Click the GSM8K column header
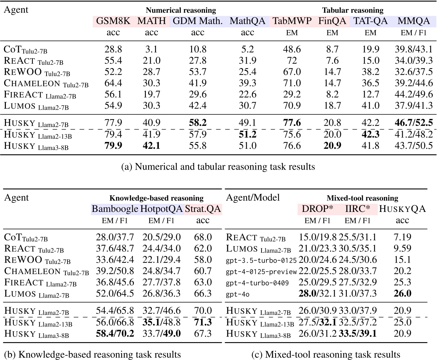(x=113, y=21)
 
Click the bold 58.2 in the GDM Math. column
(x=198, y=123)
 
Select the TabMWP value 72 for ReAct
(x=292, y=61)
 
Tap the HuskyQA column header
(x=402, y=209)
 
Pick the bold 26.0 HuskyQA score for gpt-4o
(x=402, y=293)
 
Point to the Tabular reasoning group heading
(x=353, y=10)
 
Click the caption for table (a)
(x=218, y=167)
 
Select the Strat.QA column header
(x=203, y=209)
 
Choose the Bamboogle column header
(x=115, y=209)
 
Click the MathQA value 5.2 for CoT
(x=247, y=49)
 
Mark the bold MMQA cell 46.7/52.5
(x=414, y=123)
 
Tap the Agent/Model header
(x=253, y=198)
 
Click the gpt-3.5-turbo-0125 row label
(x=261, y=260)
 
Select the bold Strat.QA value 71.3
(x=203, y=322)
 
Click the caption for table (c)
(x=326, y=354)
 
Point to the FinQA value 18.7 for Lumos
(x=332, y=105)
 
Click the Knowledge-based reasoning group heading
(x=156, y=198)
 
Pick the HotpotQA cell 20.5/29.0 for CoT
(x=162, y=237)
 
